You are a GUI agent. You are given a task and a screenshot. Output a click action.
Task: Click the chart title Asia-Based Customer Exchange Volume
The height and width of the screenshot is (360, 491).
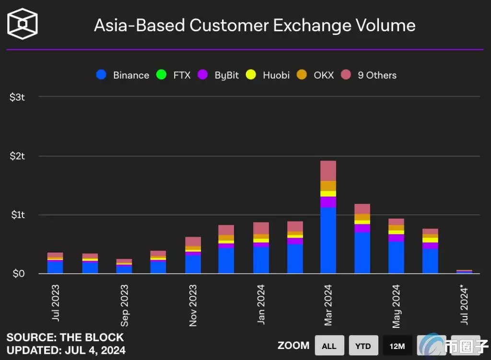pyautogui.click(x=255, y=25)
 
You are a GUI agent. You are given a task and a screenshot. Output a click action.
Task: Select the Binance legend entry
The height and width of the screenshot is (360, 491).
pyautogui.click(x=123, y=75)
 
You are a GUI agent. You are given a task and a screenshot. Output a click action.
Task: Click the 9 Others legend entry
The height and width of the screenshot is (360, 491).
pyautogui.click(x=369, y=75)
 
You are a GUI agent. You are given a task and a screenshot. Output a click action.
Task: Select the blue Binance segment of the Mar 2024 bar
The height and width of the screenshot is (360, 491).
pyautogui.click(x=328, y=240)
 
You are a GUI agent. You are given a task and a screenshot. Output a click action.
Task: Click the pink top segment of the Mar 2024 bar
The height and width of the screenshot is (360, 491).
pyautogui.click(x=328, y=171)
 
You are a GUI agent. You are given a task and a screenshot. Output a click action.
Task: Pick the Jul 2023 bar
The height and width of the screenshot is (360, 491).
pyautogui.click(x=55, y=263)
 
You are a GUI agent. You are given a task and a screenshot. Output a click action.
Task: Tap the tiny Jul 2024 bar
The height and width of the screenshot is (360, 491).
pyautogui.click(x=464, y=271)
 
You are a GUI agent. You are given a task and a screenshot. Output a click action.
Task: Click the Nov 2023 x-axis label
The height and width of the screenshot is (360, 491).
pyautogui.click(x=193, y=305)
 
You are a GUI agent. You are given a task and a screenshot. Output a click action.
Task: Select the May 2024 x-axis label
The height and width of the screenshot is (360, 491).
pyautogui.click(x=396, y=306)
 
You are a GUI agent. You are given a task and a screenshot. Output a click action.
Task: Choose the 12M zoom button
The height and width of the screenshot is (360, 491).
pyautogui.click(x=397, y=346)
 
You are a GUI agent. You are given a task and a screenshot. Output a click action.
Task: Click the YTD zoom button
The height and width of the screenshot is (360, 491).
pyautogui.click(x=363, y=346)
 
